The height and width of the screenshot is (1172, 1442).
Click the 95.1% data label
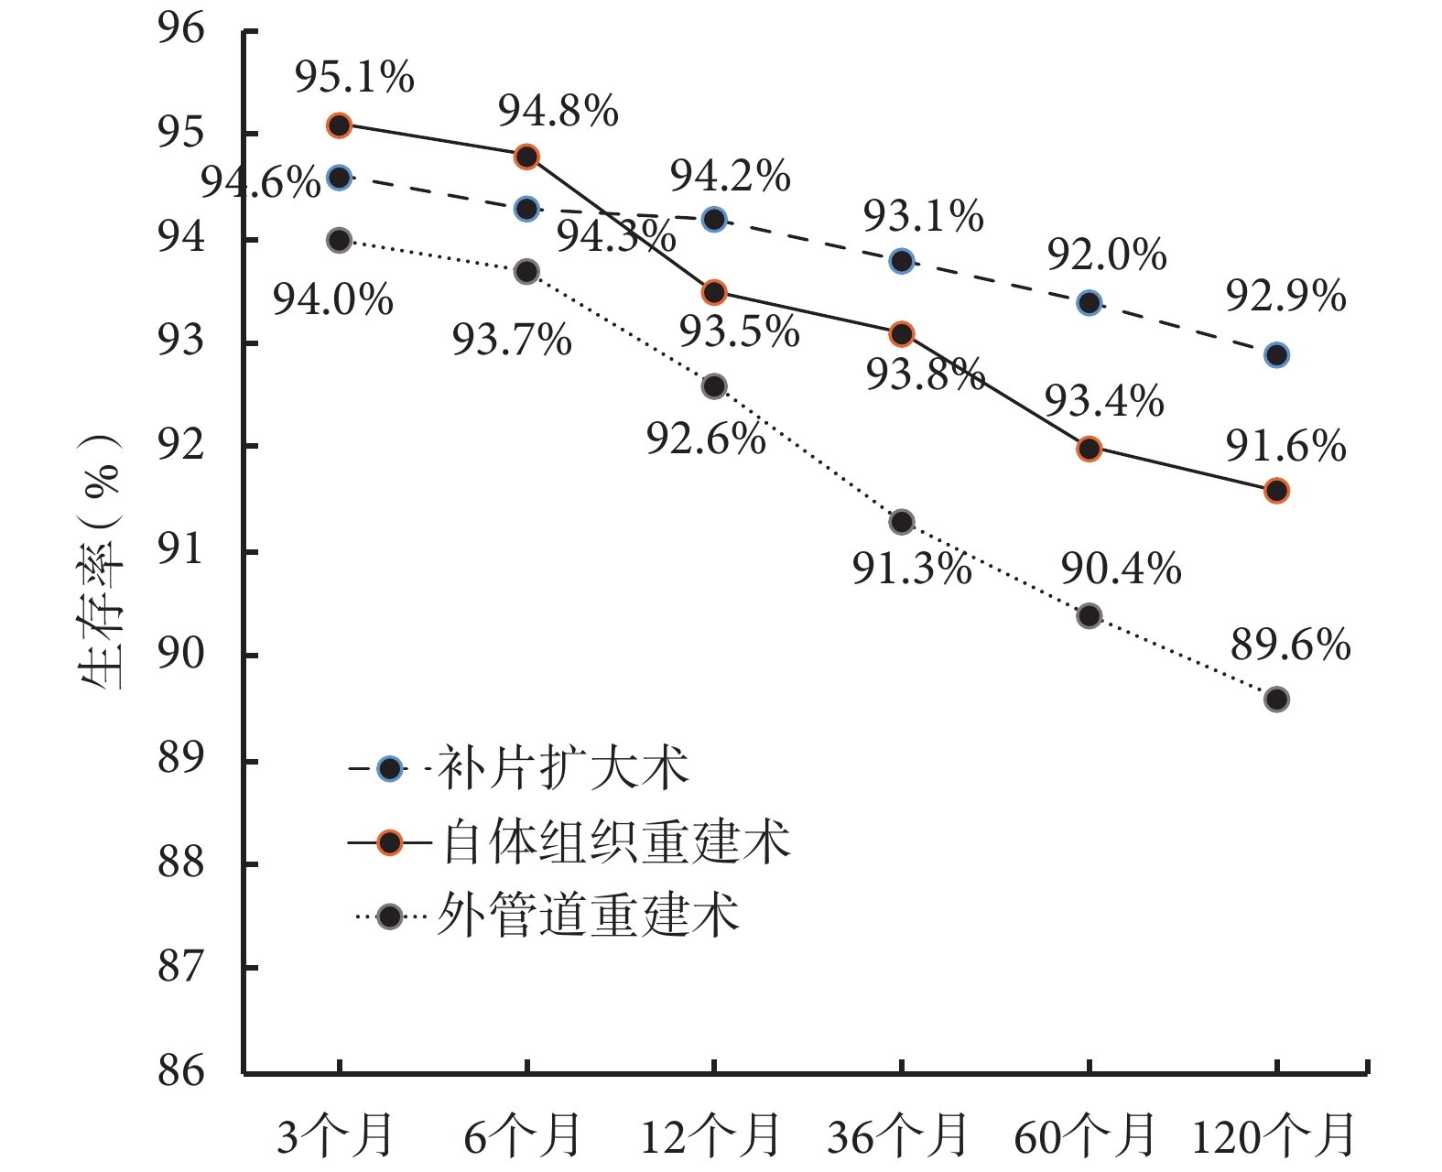pos(354,79)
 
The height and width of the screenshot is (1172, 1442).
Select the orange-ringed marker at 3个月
pos(340,125)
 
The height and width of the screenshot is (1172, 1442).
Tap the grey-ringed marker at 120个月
pos(1276,700)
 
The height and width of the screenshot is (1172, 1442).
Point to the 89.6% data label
pos(1290,646)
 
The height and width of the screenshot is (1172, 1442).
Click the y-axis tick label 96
pos(181,30)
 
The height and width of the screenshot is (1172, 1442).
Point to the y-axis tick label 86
pos(181,1070)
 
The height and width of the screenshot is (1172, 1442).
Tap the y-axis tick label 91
pos(181,551)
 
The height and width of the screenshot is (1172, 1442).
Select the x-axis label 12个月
pos(710,1136)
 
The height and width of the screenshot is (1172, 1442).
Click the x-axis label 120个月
pos(1274,1136)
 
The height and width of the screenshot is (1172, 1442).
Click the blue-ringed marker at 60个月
pos(1089,303)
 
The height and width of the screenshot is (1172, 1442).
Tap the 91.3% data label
pos(912,569)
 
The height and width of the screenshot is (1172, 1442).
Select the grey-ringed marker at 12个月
pos(714,386)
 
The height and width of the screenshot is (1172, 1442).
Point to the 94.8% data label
pos(558,112)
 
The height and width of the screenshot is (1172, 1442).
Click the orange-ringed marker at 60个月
pos(1089,449)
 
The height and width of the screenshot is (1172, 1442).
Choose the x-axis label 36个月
pos(898,1136)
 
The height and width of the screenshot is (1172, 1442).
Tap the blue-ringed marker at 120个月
pos(1276,355)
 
